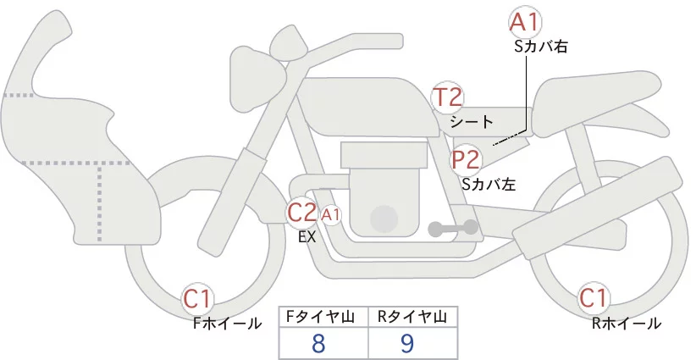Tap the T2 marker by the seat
pyautogui.click(x=447, y=97)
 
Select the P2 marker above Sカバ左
pyautogui.click(x=467, y=158)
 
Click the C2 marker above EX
pyautogui.click(x=302, y=213)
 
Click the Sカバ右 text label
pyautogui.click(x=540, y=47)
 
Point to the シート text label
pyautogui.click(x=472, y=122)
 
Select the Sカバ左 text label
pyautogui.click(x=489, y=182)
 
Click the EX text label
pyautogui.click(x=307, y=237)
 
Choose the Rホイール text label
pyautogui.click(x=627, y=323)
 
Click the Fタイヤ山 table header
pyautogui.click(x=324, y=317)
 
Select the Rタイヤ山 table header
pyautogui.click(x=412, y=317)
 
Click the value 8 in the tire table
pyautogui.click(x=318, y=343)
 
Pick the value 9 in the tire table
pyautogui.click(x=408, y=343)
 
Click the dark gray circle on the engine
pyautogui.click(x=384, y=219)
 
